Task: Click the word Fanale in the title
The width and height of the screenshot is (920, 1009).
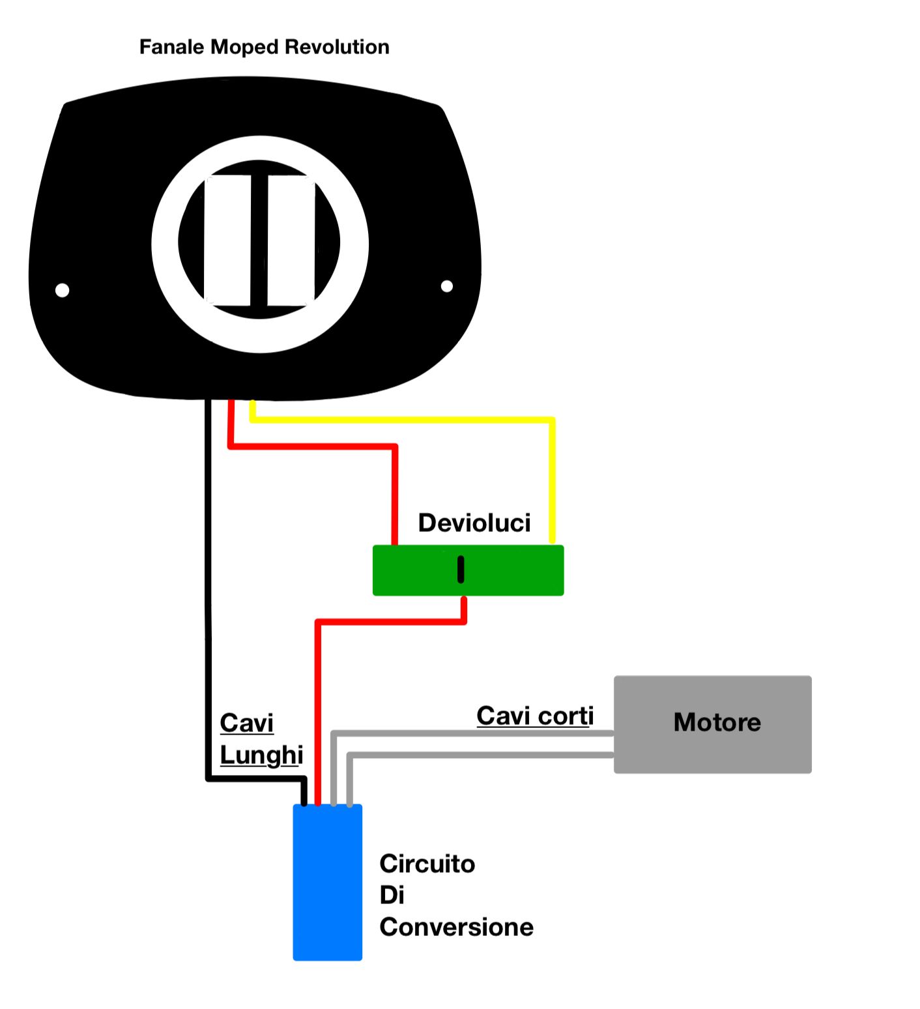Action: click(x=172, y=47)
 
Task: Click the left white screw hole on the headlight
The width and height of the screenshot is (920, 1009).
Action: click(x=63, y=290)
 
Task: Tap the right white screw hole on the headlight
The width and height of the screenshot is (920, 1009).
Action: click(x=447, y=286)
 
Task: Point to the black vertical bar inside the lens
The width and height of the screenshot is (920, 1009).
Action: click(x=259, y=240)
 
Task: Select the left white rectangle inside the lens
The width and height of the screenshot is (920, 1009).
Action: click(x=227, y=240)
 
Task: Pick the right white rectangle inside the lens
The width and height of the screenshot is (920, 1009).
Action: click(x=291, y=240)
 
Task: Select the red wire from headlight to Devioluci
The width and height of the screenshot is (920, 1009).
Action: click(x=313, y=446)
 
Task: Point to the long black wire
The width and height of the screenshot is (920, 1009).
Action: click(x=208, y=587)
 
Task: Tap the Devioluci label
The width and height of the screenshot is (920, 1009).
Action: click(x=474, y=523)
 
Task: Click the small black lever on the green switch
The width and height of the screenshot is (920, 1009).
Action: click(x=461, y=569)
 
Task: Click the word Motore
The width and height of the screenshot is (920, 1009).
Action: click(x=717, y=722)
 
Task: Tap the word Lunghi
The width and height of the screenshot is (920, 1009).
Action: click(x=261, y=755)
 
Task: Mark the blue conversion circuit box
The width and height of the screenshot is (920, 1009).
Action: click(x=328, y=883)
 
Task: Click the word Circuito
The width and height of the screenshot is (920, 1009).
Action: click(x=427, y=864)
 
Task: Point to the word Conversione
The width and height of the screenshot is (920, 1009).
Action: click(x=456, y=927)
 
